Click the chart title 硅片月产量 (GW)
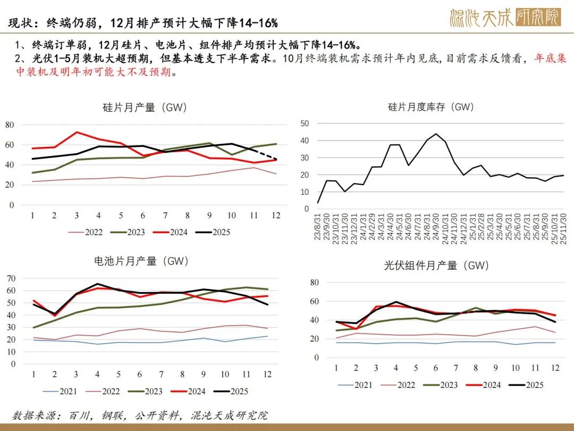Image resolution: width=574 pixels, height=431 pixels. point(145,107)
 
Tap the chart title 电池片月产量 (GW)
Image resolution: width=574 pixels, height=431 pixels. point(141,261)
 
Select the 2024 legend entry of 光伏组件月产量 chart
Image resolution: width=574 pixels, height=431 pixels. point(482,385)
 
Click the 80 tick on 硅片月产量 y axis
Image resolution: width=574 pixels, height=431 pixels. point(10,125)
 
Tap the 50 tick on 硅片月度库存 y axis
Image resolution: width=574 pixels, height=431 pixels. point(305,123)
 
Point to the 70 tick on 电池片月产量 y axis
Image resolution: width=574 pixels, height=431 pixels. point(10,278)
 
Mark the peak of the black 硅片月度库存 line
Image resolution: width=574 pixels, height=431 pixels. point(436,134)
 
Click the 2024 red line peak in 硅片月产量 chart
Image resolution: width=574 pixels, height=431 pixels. point(77,132)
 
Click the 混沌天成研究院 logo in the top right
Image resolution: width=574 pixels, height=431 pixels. point(504,18)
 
